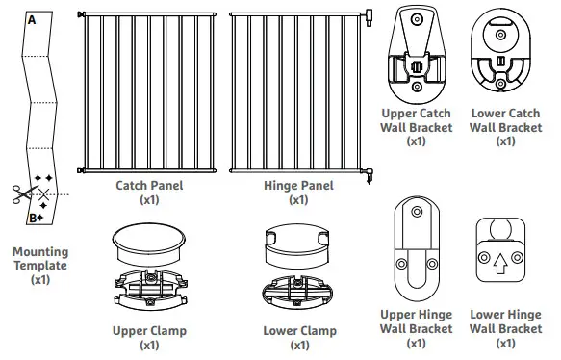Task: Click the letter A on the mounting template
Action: point(32,18)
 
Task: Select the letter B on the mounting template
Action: point(32,217)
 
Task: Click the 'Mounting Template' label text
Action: point(40,266)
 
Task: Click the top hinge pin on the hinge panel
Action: point(368,13)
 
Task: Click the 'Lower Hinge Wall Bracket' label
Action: point(505,328)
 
